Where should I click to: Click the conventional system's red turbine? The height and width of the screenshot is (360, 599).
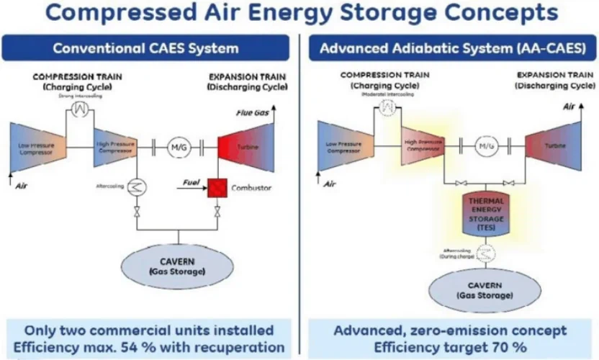click(243, 148)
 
